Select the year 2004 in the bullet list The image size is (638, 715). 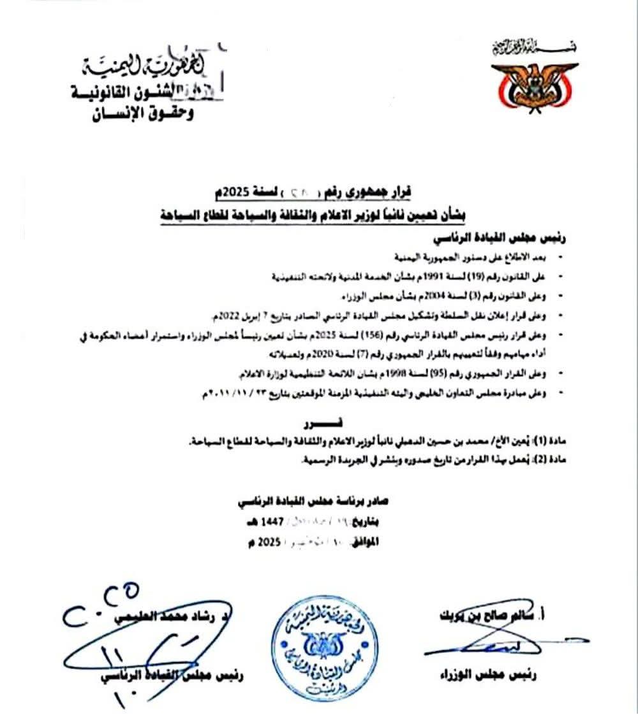click(x=439, y=295)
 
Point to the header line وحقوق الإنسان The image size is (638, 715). click(x=144, y=114)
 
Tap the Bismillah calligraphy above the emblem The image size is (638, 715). click(x=533, y=46)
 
